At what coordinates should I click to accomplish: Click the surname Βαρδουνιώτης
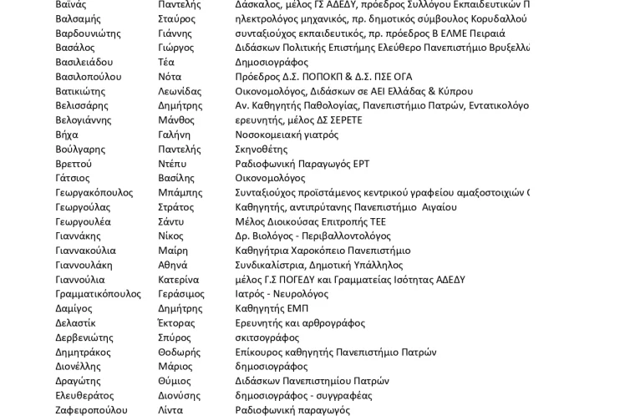[x=88, y=33]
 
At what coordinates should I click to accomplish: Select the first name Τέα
[x=166, y=62]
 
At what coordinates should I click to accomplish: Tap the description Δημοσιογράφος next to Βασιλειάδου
[x=272, y=62]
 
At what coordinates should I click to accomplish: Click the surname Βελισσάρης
[x=82, y=105]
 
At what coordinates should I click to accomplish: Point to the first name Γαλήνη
[x=174, y=134]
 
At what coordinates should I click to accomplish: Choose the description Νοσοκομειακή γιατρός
[x=287, y=134]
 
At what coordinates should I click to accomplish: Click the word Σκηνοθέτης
[x=261, y=150]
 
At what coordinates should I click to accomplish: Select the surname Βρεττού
[x=74, y=164]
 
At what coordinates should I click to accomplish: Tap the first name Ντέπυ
[x=172, y=164]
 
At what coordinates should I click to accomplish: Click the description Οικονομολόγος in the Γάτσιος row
[x=270, y=178]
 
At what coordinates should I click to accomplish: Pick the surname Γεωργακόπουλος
[x=94, y=192]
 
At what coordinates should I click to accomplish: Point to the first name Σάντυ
[x=170, y=221]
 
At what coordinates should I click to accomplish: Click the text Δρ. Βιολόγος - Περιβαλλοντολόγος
[x=312, y=236]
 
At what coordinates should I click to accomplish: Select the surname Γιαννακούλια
[x=86, y=251]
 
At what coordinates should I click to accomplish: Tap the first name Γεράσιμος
[x=181, y=294]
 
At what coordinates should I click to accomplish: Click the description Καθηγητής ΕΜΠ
[x=272, y=308]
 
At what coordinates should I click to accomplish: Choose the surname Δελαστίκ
[x=75, y=323]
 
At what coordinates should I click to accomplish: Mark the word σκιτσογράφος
[x=267, y=337]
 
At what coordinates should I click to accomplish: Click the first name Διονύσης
[x=179, y=395]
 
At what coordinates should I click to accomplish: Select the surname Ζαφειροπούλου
[x=91, y=410]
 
